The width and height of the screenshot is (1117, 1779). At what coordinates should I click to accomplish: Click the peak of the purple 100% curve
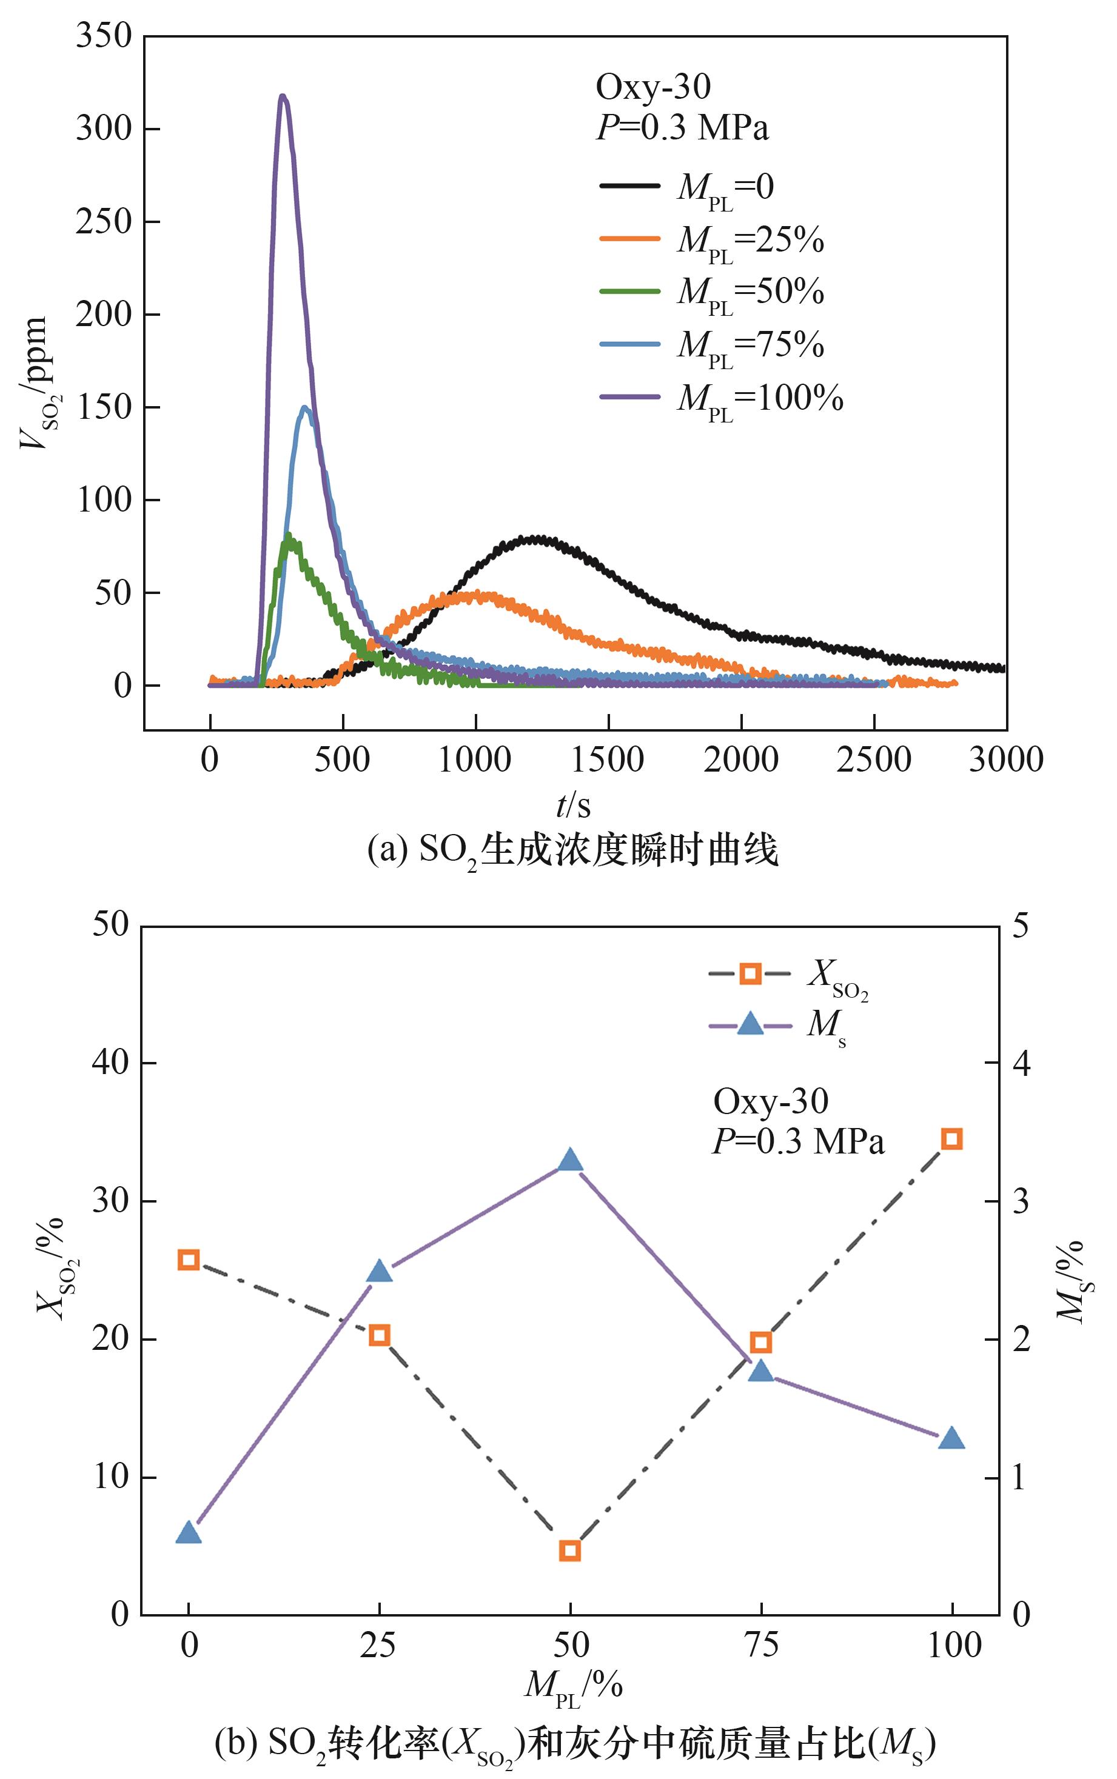(282, 96)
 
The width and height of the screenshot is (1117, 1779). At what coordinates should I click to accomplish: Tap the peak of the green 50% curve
(289, 535)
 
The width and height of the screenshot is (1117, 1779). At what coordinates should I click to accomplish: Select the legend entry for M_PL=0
(687, 187)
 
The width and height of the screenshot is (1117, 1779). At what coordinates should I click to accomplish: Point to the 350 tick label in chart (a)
(104, 35)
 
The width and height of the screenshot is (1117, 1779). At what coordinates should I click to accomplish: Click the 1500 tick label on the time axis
(607, 759)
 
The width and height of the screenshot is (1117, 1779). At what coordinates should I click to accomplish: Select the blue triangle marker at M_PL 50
(569, 1160)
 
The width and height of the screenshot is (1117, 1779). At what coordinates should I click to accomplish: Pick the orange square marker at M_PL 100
(952, 1140)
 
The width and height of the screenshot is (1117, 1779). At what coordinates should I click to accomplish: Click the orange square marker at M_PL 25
(380, 1335)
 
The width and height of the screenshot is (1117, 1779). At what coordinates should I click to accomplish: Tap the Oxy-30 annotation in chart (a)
(653, 87)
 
